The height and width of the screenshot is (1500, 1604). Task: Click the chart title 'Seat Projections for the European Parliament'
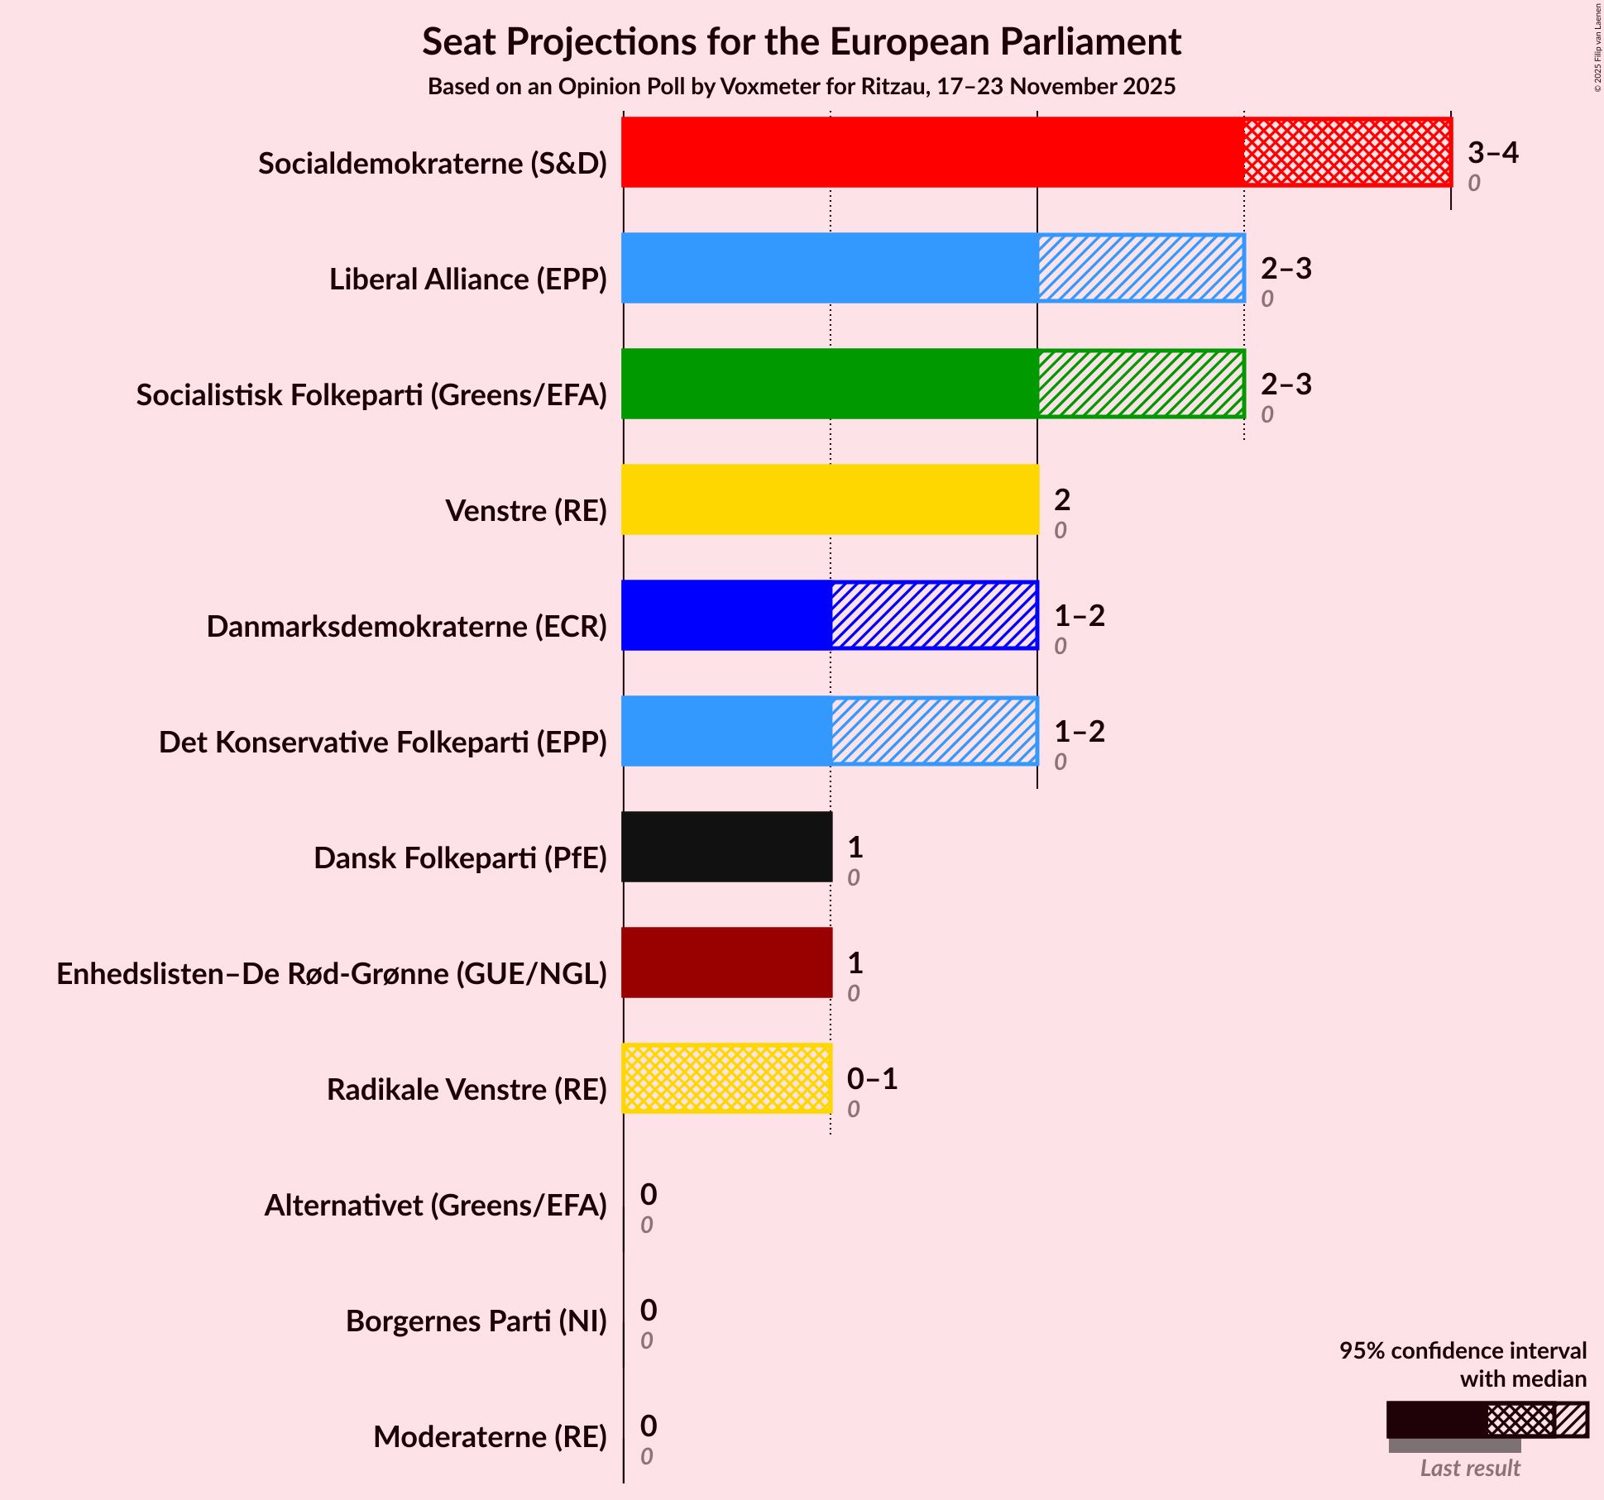(x=801, y=42)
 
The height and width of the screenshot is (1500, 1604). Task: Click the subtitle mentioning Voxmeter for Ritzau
(x=801, y=87)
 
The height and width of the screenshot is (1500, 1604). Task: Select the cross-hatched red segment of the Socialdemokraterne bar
(x=1347, y=152)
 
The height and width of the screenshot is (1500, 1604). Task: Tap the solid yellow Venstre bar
(x=830, y=499)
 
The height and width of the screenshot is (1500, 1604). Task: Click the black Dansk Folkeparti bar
(x=726, y=847)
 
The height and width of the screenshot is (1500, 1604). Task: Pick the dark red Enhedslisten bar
(x=726, y=963)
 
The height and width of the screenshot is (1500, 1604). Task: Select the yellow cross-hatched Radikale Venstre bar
(x=726, y=1078)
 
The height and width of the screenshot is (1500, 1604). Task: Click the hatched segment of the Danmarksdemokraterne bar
(x=934, y=615)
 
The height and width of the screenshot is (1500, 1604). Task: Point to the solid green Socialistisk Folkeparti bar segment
(x=830, y=384)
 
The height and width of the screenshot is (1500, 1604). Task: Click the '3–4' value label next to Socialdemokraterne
(x=1492, y=153)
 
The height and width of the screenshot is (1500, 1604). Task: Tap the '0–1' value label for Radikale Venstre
(x=872, y=1079)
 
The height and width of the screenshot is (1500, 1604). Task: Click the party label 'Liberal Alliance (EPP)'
(x=468, y=279)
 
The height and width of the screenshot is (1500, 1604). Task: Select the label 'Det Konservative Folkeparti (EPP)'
(x=382, y=743)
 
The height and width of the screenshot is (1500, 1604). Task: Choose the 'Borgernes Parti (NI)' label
(x=476, y=1321)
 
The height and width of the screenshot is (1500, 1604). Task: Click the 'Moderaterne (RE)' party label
(x=490, y=1437)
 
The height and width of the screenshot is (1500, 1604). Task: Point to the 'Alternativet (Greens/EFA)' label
(x=435, y=1206)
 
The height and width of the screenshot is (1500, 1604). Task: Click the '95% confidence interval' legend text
(x=1463, y=1351)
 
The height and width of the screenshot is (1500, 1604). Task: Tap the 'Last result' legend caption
(x=1469, y=1469)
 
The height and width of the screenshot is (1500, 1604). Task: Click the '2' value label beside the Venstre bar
(x=1062, y=500)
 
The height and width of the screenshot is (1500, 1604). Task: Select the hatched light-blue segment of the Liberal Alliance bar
(x=1141, y=268)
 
